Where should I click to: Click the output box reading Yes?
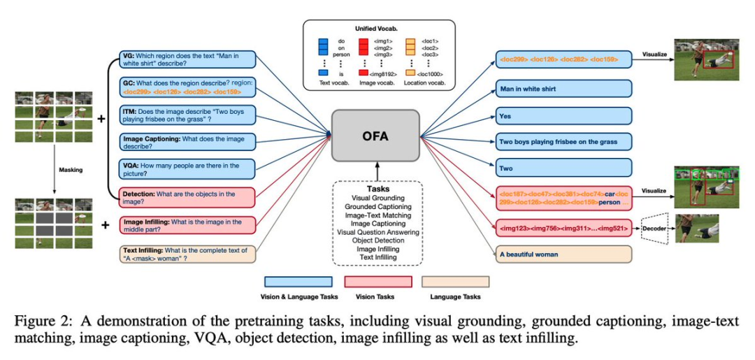pyautogui.click(x=564, y=116)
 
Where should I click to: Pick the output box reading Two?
pyautogui.click(x=564, y=168)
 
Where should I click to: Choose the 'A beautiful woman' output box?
pyautogui.click(x=564, y=254)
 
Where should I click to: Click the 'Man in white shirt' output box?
pyautogui.click(x=564, y=89)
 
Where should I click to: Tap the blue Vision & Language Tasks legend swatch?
pyautogui.click(x=299, y=282)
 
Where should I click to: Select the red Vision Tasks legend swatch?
pyautogui.click(x=378, y=282)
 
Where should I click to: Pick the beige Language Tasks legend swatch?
pyautogui.click(x=455, y=282)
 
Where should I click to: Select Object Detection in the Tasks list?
pyautogui.click(x=378, y=240)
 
